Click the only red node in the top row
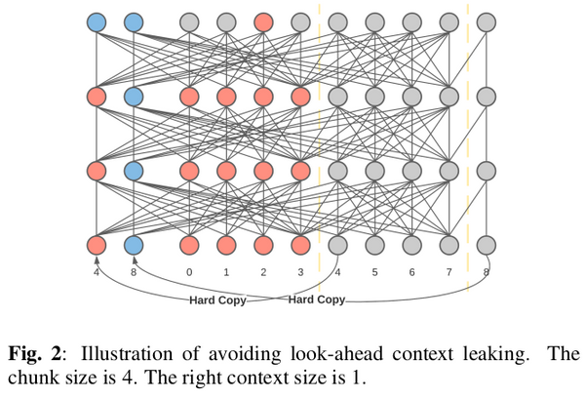tap(263, 20)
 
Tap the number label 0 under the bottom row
tap(189, 274)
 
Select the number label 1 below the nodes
tap(226, 274)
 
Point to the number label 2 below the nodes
tap(263, 274)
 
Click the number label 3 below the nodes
tap(300, 274)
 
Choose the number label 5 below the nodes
tap(374, 274)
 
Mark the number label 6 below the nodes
tap(411, 274)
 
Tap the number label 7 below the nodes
tap(448, 274)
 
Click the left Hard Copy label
tap(217, 300)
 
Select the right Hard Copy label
tap(317, 299)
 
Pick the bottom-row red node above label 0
tap(189, 245)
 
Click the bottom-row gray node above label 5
tap(374, 245)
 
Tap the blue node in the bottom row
tap(134, 245)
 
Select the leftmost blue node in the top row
tap(97, 20)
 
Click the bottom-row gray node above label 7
tap(448, 245)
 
